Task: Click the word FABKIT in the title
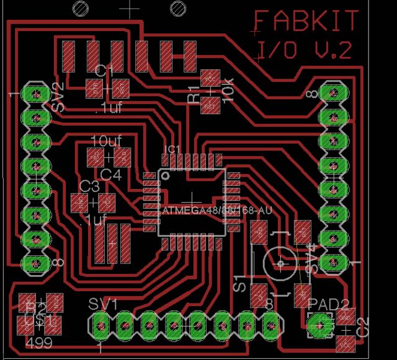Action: [x=306, y=22]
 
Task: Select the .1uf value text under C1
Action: [x=109, y=109]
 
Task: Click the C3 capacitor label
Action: [x=90, y=186]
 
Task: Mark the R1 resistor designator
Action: [x=194, y=97]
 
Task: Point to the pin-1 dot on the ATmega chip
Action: [x=166, y=175]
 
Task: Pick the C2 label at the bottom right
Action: [x=363, y=327]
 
